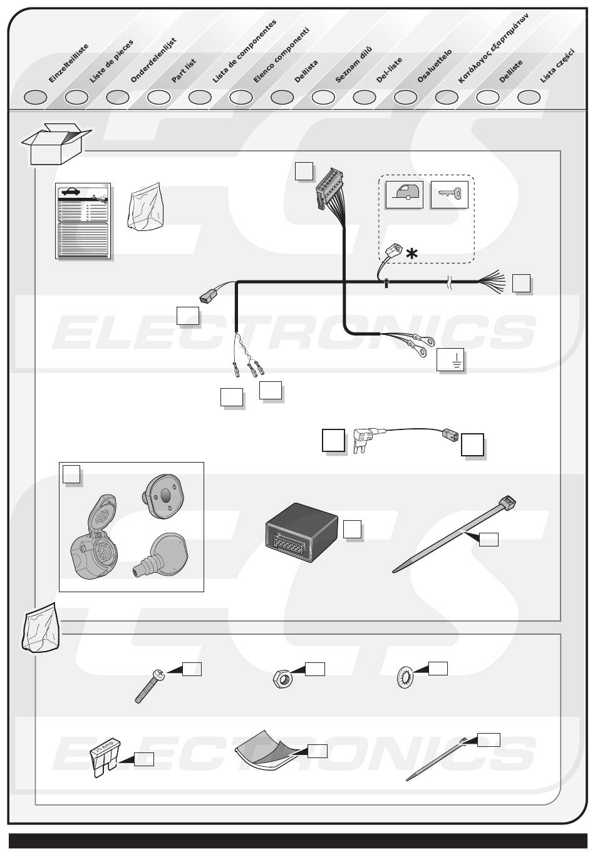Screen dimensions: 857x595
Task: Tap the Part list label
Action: coord(184,71)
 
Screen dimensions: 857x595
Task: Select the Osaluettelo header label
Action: coord(434,66)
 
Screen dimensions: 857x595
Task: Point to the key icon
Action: coord(450,195)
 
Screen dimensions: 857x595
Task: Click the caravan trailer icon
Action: coord(404,195)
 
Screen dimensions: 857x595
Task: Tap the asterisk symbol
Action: coord(411,254)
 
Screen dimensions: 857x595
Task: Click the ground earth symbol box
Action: coord(452,361)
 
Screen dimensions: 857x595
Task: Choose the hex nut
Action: coord(282,679)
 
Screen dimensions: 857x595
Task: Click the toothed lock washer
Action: coord(406,678)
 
